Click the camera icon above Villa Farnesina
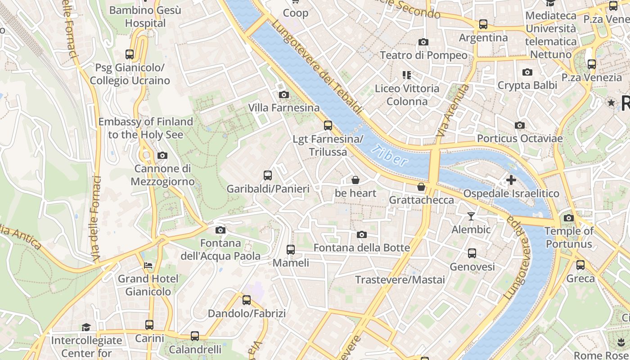tap(283, 94)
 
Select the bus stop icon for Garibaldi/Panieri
tap(268, 175)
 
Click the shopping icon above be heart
tap(355, 180)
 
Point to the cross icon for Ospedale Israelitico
tap(511, 180)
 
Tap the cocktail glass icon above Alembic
tap(471, 216)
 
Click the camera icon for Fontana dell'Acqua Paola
tap(220, 230)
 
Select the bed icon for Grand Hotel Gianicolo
tap(148, 265)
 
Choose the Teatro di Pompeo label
tap(423, 55)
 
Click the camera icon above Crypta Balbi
tap(527, 72)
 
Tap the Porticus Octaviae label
tap(520, 138)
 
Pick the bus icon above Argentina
tap(483, 24)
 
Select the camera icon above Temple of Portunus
tap(568, 218)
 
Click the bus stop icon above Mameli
tap(291, 249)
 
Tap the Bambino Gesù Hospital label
tap(145, 16)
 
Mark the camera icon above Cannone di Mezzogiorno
tap(162, 156)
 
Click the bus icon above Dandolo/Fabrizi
tap(246, 300)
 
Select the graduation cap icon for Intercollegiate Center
tap(86, 327)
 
